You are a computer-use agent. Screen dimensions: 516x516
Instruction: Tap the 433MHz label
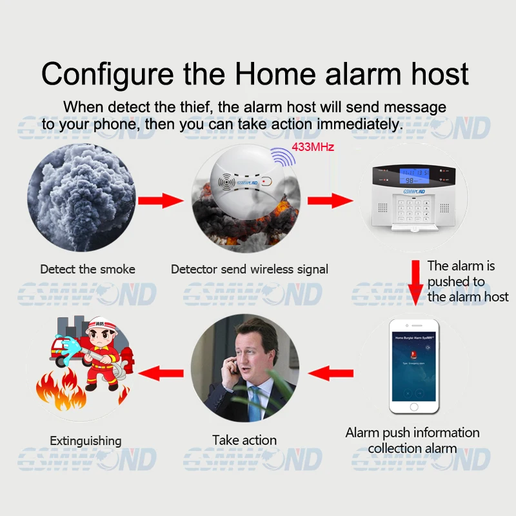point(313,147)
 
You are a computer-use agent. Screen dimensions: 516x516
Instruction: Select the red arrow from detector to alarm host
point(330,201)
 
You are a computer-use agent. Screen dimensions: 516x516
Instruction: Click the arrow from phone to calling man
point(331,372)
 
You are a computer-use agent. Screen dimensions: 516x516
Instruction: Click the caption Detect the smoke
point(88,269)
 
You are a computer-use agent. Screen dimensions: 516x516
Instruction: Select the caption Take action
point(244,441)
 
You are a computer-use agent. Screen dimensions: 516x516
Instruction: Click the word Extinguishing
point(86,441)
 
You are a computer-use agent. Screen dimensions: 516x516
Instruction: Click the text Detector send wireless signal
point(250,269)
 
